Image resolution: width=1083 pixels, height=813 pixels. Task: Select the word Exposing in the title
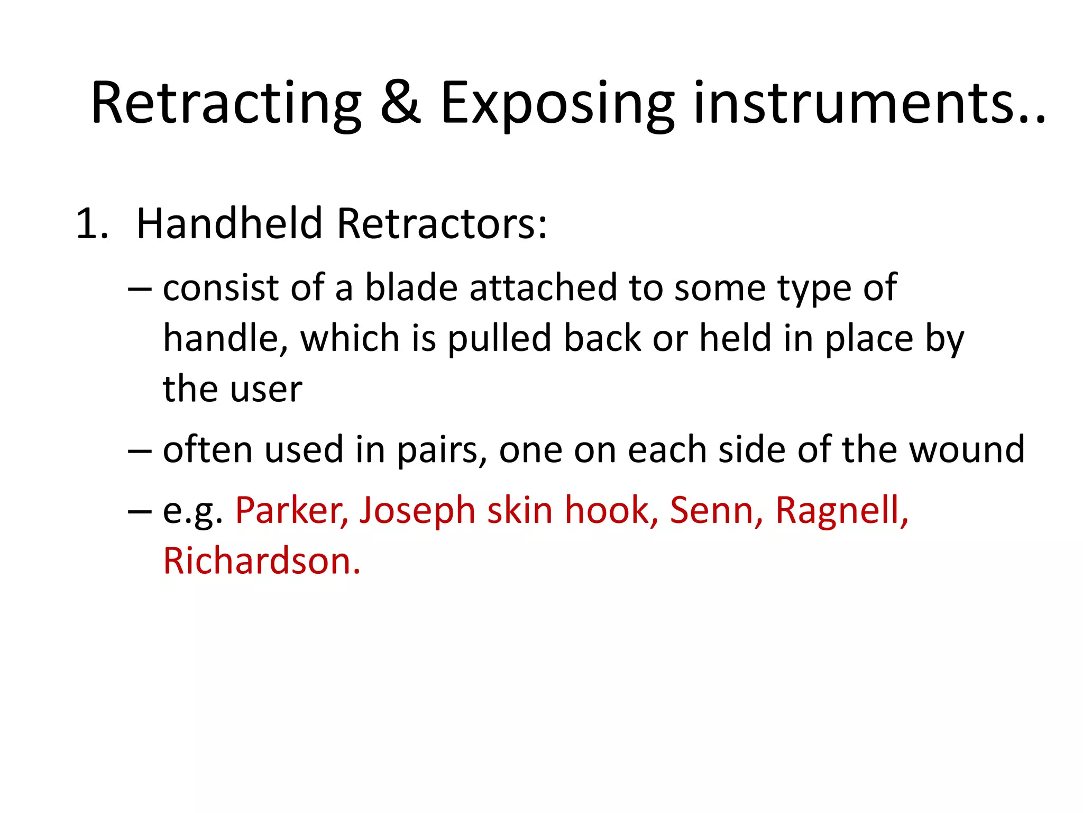coord(557,104)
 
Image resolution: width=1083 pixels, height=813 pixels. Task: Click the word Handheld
coord(229,223)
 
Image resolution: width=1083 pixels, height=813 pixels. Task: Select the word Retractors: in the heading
coord(442,223)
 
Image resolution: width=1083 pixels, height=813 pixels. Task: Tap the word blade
coord(411,288)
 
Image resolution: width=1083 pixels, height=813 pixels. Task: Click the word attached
coord(543,288)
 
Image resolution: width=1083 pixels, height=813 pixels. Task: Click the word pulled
coord(499,339)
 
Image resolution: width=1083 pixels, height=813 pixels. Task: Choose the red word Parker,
coord(291,510)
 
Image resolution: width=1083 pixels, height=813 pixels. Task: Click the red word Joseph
coord(417,511)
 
